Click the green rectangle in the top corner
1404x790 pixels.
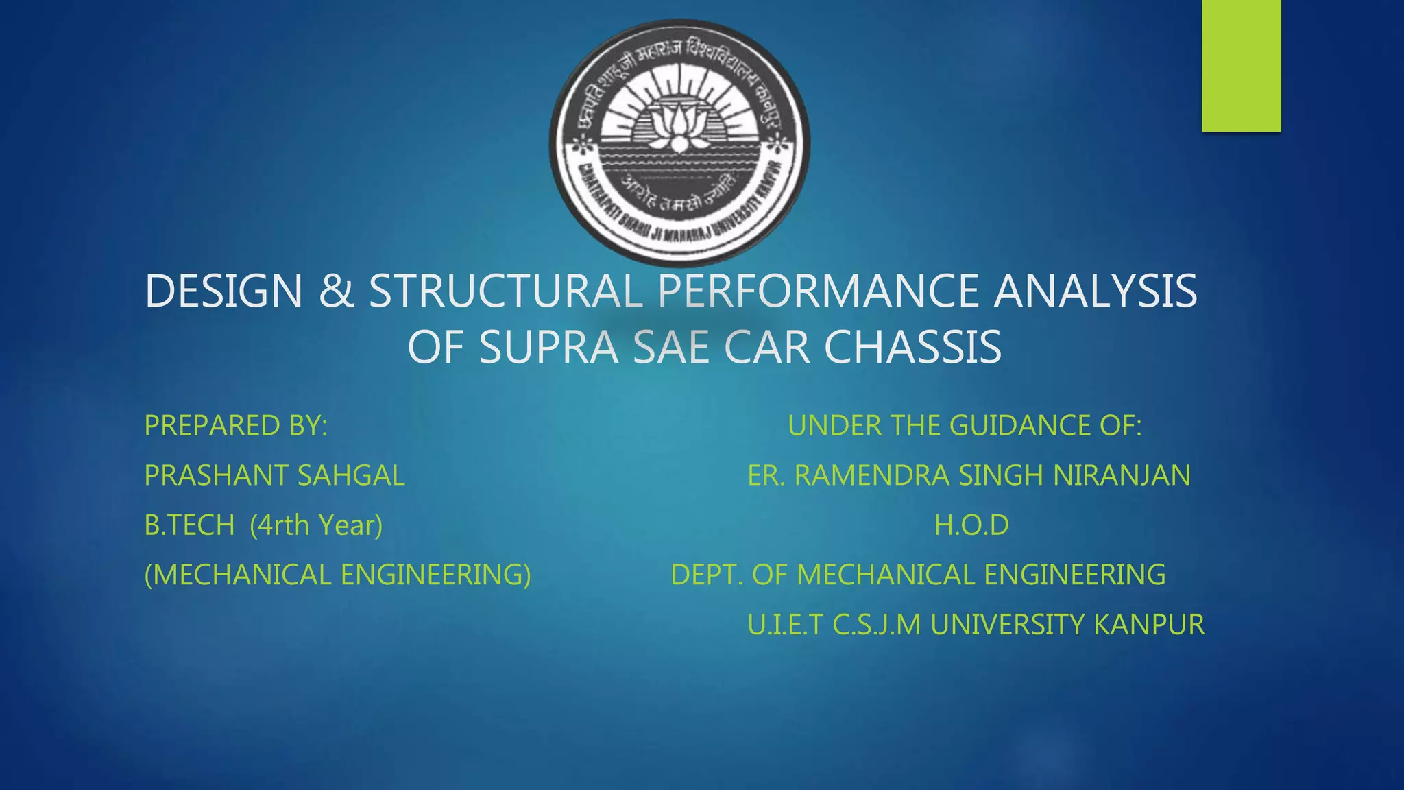[x=1241, y=65]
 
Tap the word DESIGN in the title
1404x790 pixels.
[x=223, y=291]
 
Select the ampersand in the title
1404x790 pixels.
[x=336, y=291]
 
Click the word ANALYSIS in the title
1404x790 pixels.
[x=1095, y=291]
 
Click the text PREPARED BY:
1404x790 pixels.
[x=236, y=426]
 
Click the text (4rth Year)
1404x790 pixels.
[x=316, y=526]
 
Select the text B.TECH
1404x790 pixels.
[x=189, y=526]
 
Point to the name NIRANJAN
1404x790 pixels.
[x=1122, y=476]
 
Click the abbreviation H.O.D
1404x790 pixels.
[x=971, y=526]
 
